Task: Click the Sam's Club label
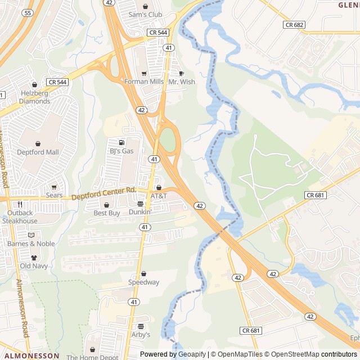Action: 145,15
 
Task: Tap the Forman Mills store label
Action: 144,82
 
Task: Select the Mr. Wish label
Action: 182,82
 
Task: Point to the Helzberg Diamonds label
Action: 35,97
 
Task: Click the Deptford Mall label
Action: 38,152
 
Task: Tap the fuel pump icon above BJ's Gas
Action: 121,142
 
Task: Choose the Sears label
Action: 55,195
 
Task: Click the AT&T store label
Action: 159,196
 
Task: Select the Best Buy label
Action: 107,213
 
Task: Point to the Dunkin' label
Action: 140,212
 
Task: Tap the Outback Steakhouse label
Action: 20,217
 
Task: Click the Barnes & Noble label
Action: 31,244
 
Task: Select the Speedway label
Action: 143,282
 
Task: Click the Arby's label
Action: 141,334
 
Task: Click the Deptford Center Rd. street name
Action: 105,194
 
